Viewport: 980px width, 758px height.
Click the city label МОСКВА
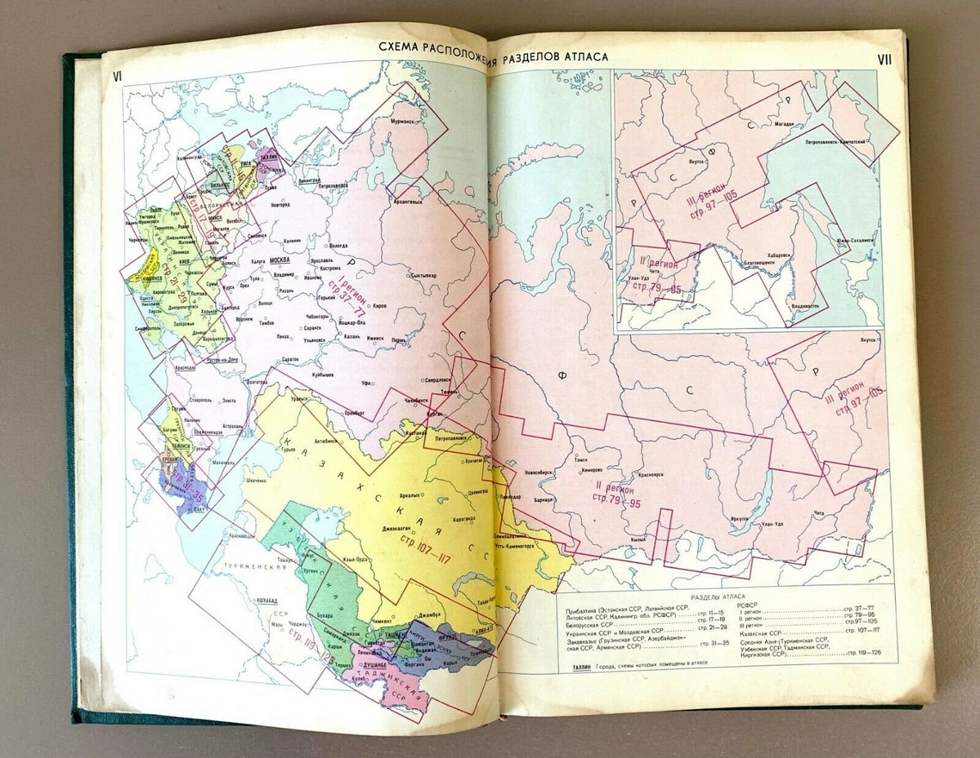pos(280,260)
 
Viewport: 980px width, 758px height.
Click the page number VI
pos(117,76)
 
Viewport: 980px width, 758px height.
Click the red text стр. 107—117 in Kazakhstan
pos(425,547)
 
